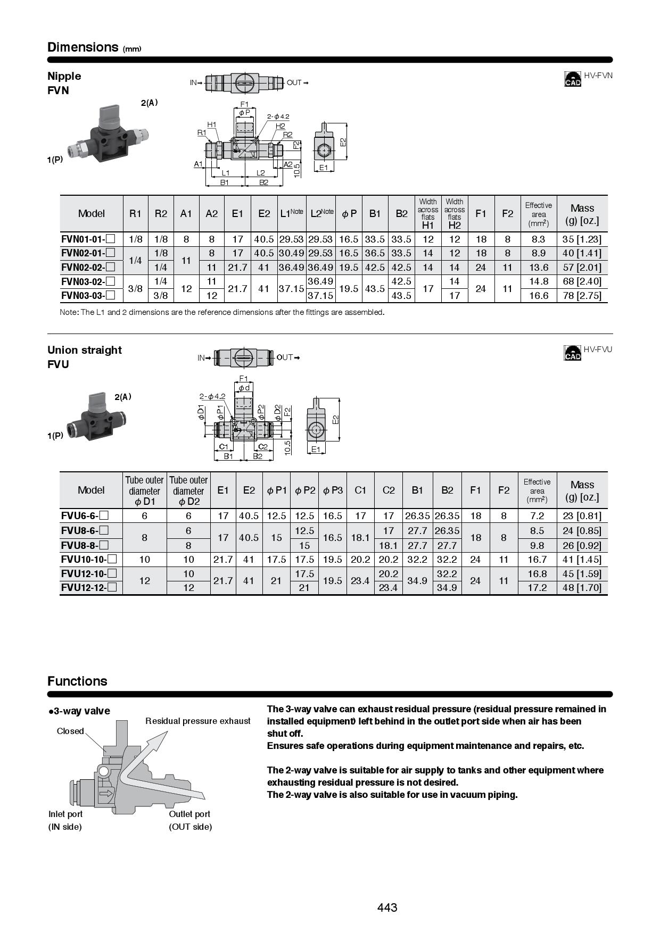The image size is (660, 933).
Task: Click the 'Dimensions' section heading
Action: pos(82,47)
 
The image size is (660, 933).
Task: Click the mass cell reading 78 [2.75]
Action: pos(582,296)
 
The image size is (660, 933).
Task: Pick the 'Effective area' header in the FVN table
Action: pos(538,213)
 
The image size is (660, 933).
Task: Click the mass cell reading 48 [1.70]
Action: pos(582,587)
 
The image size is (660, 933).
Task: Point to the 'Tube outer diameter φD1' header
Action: pos(144,490)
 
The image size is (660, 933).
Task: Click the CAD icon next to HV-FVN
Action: pos(573,79)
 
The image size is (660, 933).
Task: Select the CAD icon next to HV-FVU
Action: pos(573,352)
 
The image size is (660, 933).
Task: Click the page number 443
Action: pos(387,907)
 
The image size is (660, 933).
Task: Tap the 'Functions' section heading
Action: pos(77,681)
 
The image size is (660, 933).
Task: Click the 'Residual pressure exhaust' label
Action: pos(198,721)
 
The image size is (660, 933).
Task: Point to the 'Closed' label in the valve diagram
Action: pos(70,731)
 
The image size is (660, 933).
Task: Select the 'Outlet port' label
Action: pos(189,814)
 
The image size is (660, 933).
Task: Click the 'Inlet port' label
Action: pos(65,814)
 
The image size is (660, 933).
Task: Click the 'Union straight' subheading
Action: pos(85,350)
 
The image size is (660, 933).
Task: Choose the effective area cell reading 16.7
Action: pos(537,559)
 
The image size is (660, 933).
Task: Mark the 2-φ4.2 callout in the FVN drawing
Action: pos(278,116)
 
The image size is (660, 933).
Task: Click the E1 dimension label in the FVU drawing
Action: pos(316,449)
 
